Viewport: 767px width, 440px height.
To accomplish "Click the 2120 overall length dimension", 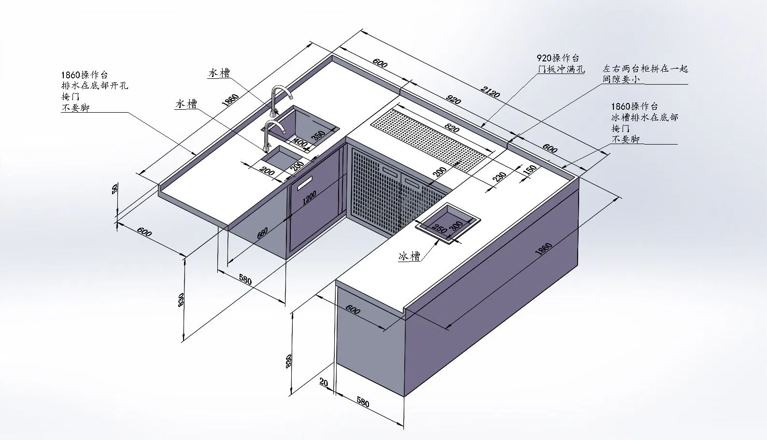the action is tap(490, 92).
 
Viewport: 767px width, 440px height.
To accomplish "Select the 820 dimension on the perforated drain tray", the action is tap(452, 128).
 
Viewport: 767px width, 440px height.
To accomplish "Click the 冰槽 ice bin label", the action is tap(409, 256).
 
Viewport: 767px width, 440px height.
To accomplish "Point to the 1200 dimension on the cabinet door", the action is tap(310, 198).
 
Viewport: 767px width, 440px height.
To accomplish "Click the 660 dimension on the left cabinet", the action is tap(262, 233).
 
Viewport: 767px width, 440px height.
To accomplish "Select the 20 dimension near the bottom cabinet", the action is tap(324, 382).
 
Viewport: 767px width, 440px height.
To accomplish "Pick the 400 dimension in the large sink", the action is tap(300, 143).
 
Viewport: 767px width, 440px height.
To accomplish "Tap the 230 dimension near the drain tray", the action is tap(499, 177).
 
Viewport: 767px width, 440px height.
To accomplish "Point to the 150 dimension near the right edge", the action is tap(530, 170).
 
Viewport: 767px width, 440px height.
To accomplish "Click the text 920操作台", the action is tap(558, 58).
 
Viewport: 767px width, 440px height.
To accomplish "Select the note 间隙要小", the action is tap(621, 79).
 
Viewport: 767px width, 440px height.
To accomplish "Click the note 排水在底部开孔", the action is tap(95, 85).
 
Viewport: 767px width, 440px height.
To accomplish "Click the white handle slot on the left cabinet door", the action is tap(304, 183).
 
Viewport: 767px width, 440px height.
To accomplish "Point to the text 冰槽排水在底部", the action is tap(645, 117).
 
